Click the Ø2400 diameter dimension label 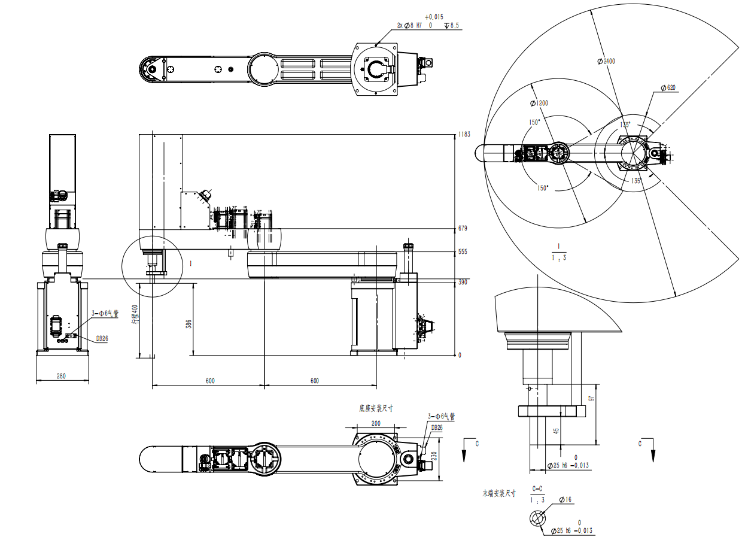click(606, 61)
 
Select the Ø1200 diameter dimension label click(539, 103)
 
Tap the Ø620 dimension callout click(668, 88)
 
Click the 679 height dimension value click(463, 228)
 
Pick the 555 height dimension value click(463, 252)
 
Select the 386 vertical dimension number click(188, 324)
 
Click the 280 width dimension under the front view click(61, 376)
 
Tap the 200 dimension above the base click(376, 423)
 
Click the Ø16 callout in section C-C click(565, 499)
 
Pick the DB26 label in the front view click(102, 338)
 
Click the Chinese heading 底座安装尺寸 click(376, 408)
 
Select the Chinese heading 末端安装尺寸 click(499, 494)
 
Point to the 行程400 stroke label click(135, 314)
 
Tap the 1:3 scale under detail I click(558, 257)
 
